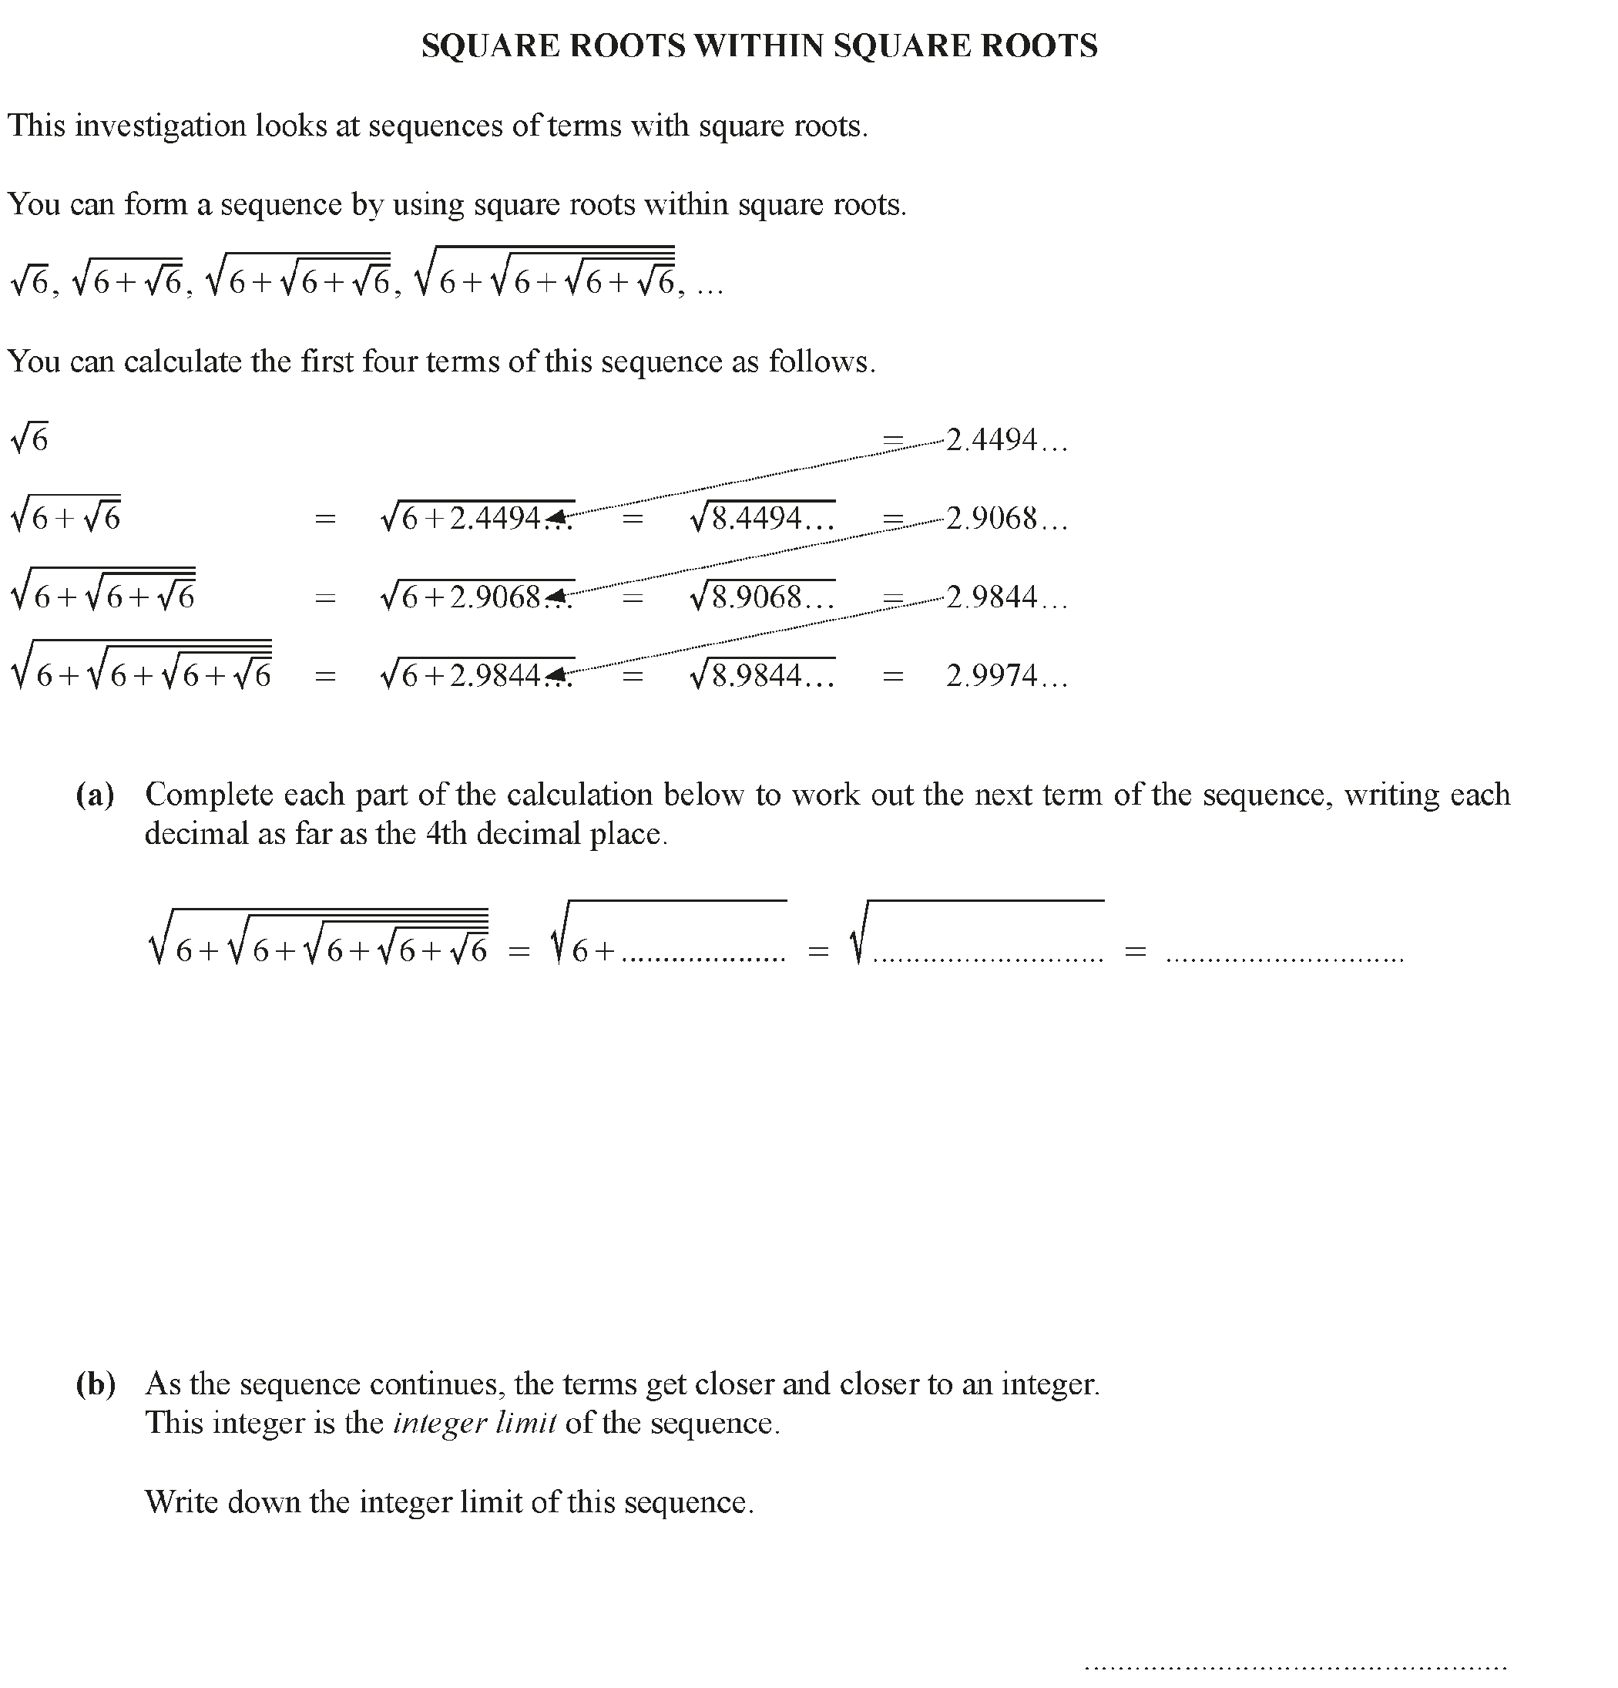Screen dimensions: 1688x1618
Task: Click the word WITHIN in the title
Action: [760, 45]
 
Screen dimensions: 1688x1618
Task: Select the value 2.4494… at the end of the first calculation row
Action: [1005, 440]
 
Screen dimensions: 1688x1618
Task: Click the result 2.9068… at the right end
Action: [1005, 519]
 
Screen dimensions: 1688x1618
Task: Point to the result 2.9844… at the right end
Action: [1005, 597]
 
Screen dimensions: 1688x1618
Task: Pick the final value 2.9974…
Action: [1005, 676]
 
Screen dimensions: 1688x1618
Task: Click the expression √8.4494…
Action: [762, 519]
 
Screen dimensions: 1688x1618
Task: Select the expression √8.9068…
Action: [762, 597]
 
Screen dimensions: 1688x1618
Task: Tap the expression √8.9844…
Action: [762, 676]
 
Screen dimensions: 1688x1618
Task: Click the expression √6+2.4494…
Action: [476, 519]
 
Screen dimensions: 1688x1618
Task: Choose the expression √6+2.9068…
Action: [476, 597]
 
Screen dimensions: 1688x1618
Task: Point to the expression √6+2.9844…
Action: [476, 676]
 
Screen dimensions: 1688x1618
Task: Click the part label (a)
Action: [95, 794]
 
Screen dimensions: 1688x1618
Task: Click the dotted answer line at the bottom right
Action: [1295, 1666]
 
